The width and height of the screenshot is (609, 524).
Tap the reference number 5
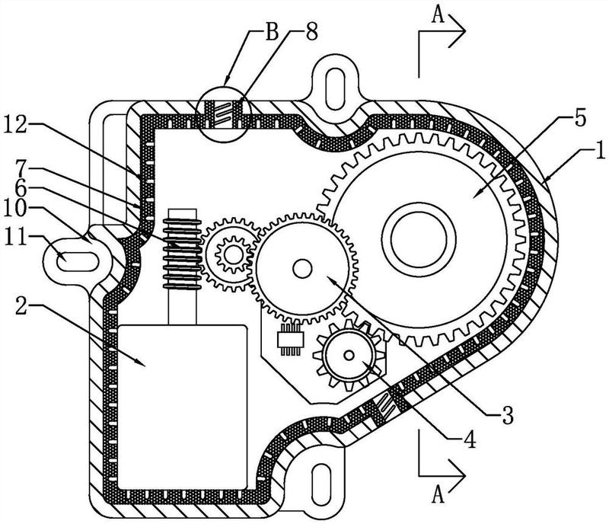point(580,119)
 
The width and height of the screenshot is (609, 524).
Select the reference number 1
point(600,151)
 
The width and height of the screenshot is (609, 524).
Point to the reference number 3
point(507,415)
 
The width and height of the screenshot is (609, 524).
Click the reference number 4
point(470,440)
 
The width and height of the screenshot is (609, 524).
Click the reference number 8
point(311,31)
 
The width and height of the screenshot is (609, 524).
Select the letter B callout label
point(273,32)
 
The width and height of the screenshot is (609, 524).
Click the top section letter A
point(438,16)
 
